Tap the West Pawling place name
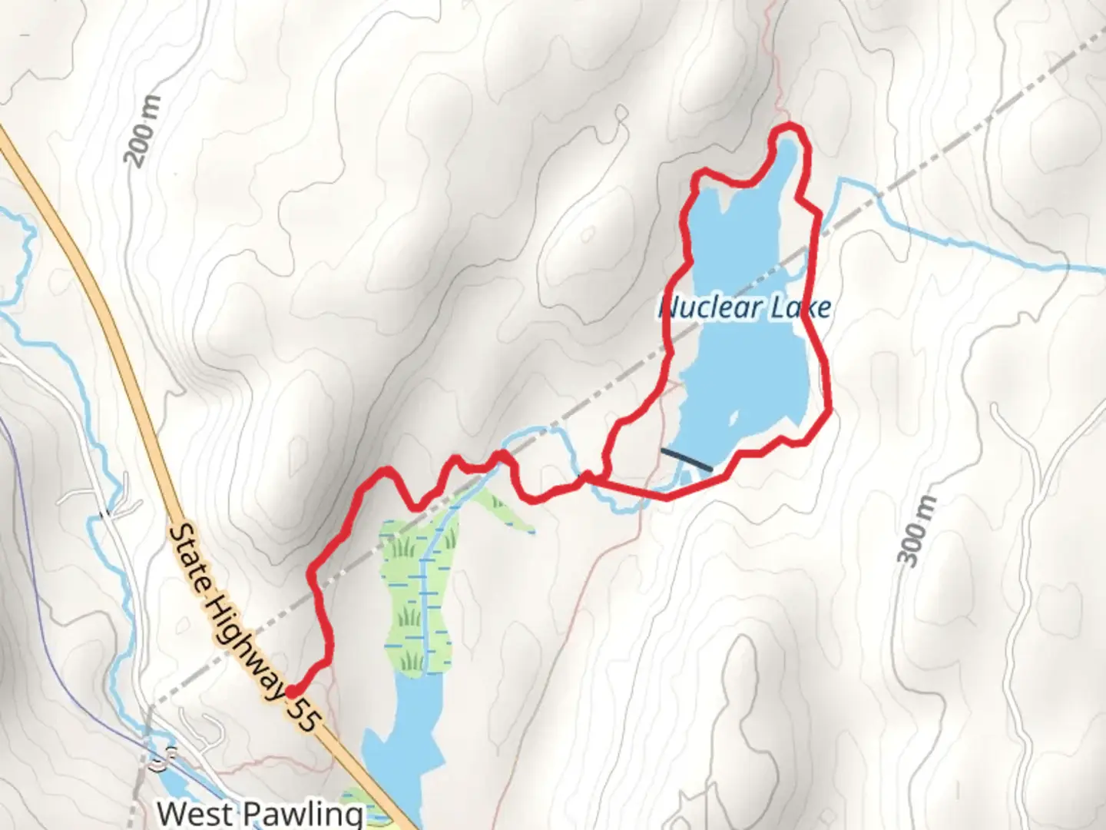point(260,813)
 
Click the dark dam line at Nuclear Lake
point(686,460)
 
